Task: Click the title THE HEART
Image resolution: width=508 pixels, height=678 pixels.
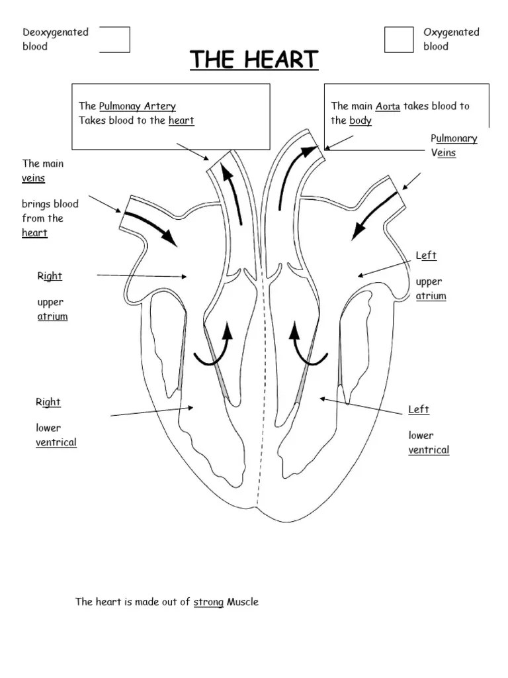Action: pyautogui.click(x=255, y=60)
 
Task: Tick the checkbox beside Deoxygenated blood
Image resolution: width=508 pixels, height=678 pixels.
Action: pyautogui.click(x=116, y=40)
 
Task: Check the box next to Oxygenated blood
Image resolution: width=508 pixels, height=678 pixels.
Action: pyautogui.click(x=398, y=40)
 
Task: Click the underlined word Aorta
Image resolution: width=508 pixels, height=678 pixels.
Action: pyautogui.click(x=388, y=107)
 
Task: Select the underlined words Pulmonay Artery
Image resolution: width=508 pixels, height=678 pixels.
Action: pyautogui.click(x=137, y=107)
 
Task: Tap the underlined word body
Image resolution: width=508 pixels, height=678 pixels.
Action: pyautogui.click(x=360, y=121)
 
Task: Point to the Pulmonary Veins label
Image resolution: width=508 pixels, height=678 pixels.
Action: pyautogui.click(x=453, y=146)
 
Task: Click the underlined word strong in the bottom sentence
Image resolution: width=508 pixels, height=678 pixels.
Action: pyautogui.click(x=208, y=603)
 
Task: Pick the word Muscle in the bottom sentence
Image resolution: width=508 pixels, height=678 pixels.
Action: pyautogui.click(x=243, y=602)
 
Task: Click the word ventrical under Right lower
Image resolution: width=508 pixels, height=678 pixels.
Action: pyautogui.click(x=56, y=442)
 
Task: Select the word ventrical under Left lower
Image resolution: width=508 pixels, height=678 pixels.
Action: pyautogui.click(x=429, y=450)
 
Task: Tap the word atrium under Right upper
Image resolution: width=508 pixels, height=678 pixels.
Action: pyautogui.click(x=52, y=316)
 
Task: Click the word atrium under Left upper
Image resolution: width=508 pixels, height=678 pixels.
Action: pyautogui.click(x=431, y=296)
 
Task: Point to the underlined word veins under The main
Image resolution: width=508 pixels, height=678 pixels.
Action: pyautogui.click(x=34, y=178)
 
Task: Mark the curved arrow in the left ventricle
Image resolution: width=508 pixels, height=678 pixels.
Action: pyautogui.click(x=308, y=344)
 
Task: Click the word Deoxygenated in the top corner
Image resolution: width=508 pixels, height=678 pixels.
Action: pyautogui.click(x=56, y=32)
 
